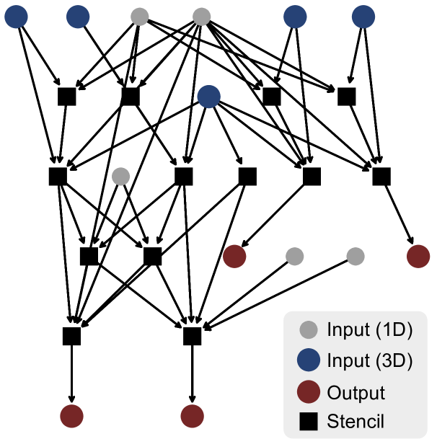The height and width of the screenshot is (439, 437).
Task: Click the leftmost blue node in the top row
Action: pos(16,17)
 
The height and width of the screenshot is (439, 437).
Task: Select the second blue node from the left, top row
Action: pos(78,17)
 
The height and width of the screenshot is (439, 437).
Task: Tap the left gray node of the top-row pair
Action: pos(140,17)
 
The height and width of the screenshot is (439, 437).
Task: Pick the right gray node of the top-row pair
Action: pos(202,17)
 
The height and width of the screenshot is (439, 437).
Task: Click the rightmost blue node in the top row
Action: pos(363,17)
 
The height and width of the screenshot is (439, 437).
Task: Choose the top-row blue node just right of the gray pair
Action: pos(295,17)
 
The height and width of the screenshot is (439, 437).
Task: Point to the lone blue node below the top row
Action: pos(208,97)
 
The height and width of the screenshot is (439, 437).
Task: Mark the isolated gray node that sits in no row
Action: pos(121,176)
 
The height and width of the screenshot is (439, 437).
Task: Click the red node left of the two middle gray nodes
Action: pos(234,256)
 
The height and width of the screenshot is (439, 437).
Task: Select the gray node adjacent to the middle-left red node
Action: pos(294,256)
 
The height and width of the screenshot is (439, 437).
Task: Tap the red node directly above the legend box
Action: pos(418,256)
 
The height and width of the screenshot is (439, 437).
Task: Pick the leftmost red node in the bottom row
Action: pos(71,416)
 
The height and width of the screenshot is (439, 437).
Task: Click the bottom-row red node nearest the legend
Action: pos(192,416)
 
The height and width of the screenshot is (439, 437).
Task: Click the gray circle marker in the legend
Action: pos(309,330)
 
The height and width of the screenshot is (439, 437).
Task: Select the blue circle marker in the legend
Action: pos(309,360)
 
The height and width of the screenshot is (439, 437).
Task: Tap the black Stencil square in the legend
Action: pos(309,421)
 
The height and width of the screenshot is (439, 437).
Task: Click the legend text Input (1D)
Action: pos(369,330)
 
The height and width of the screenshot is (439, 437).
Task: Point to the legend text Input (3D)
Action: pos(369,360)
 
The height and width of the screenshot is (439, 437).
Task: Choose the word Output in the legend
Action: pos(356,393)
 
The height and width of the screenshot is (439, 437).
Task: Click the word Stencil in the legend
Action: pos(356,421)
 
